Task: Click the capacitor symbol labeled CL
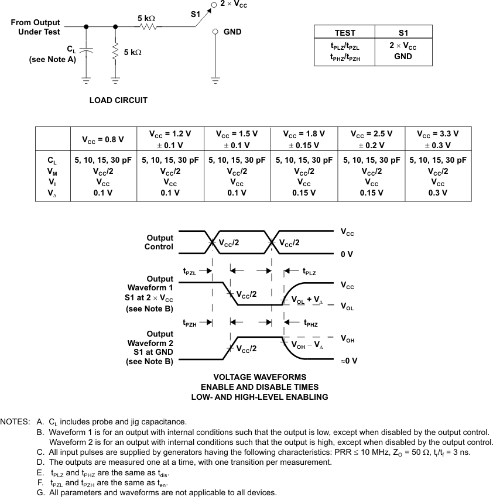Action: [86, 52]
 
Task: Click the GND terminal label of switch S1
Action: [232, 32]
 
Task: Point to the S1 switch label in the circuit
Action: [196, 13]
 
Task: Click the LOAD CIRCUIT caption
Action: [118, 100]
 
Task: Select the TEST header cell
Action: [344, 33]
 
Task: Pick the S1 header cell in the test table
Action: [402, 33]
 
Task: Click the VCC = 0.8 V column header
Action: [103, 139]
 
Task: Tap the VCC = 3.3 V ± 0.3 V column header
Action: [438, 139]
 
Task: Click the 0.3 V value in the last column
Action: [438, 193]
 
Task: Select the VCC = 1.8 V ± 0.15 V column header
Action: [304, 139]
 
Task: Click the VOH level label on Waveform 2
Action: [348, 338]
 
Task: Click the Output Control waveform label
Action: [159, 242]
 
